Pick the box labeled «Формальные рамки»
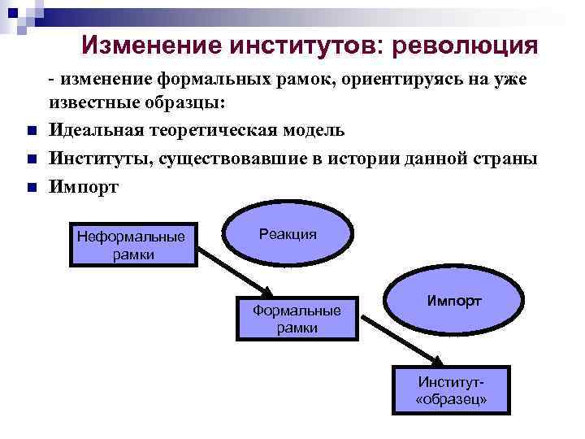point(297,318)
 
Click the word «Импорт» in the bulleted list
point(84,186)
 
